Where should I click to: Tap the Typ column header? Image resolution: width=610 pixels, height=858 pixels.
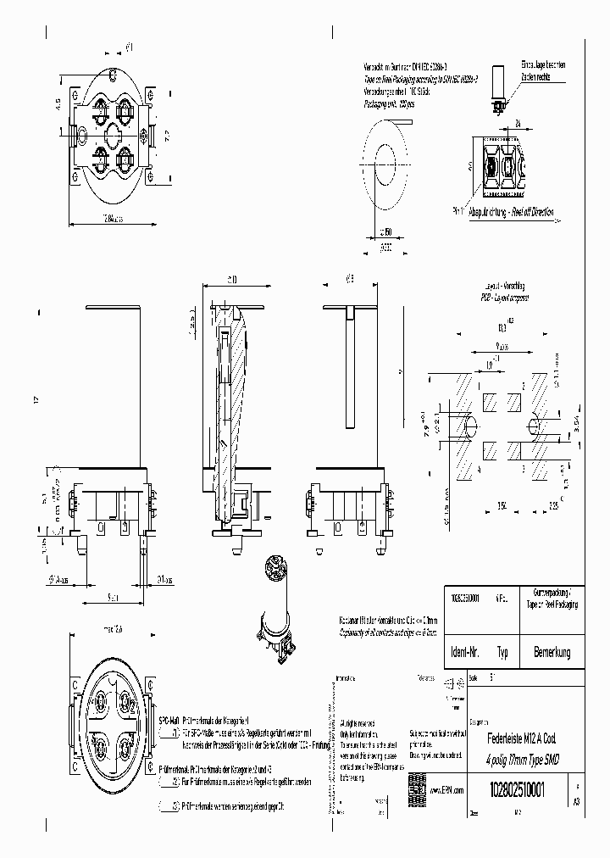[x=503, y=653]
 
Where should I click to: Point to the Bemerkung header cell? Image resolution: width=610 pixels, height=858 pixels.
[x=552, y=653]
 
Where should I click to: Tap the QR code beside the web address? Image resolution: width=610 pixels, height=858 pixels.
[x=416, y=783]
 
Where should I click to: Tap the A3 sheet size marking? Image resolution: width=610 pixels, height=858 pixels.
[x=577, y=800]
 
